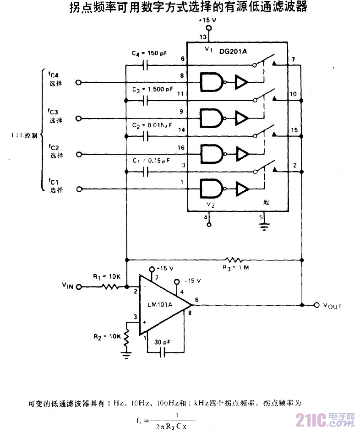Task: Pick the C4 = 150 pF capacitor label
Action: (x=149, y=53)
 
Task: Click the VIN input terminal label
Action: (x=67, y=286)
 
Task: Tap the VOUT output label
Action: (x=332, y=306)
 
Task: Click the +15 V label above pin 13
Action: (x=207, y=21)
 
